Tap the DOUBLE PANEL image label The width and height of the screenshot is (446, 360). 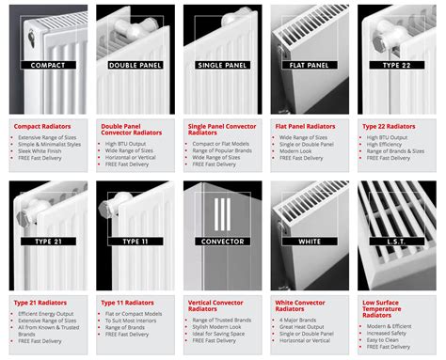(x=133, y=65)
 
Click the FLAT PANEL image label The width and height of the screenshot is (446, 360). (x=307, y=65)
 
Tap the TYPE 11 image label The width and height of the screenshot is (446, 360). (x=133, y=242)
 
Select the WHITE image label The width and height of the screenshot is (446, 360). (x=307, y=242)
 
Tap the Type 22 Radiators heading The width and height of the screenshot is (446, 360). (x=389, y=125)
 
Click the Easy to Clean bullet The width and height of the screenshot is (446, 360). (x=386, y=345)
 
